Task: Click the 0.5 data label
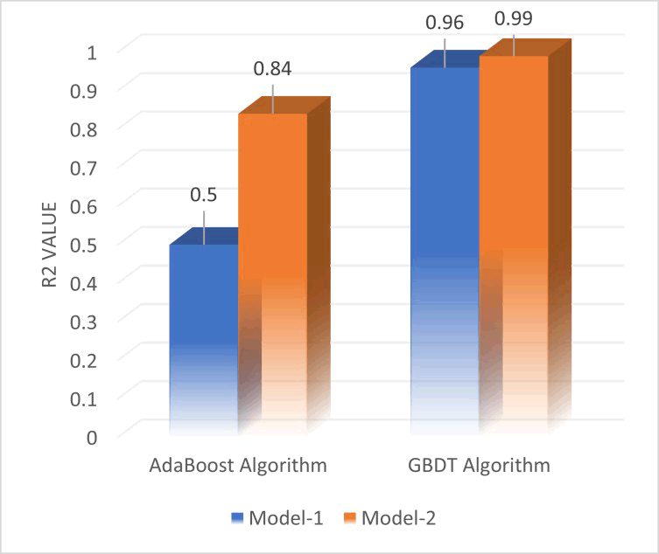coord(203,194)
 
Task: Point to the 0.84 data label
coord(272,68)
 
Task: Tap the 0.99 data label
coord(514,17)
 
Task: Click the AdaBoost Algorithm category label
coord(238,465)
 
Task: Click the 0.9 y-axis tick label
coord(83,90)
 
